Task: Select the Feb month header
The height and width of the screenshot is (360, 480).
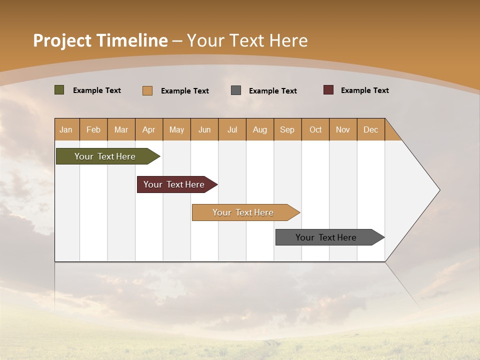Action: pos(93,129)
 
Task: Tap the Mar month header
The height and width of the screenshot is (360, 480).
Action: pos(121,129)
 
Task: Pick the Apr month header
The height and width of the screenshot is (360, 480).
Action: pos(149,129)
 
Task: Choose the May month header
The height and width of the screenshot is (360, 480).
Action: pos(176,129)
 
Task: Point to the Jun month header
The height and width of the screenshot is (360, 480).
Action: pos(204,129)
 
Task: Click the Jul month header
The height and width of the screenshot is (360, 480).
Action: pos(232,129)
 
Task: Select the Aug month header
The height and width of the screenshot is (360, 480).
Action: pos(260,129)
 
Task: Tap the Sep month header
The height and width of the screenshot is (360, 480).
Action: pos(287,129)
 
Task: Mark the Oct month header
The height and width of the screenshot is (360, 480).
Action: pos(315,129)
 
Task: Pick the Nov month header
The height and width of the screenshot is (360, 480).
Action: pos(343,129)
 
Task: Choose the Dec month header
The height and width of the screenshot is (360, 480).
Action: pos(371,129)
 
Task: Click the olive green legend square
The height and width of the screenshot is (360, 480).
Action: pos(59,90)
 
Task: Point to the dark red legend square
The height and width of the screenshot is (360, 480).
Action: pos(328,90)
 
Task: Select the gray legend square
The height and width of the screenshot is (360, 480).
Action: pos(236,90)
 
